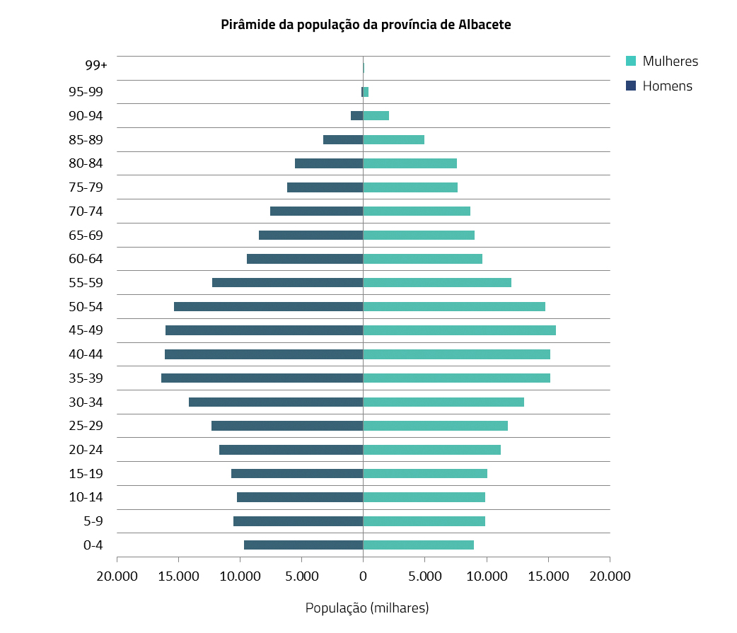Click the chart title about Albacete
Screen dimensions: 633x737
click(366, 24)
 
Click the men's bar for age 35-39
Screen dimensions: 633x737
click(262, 378)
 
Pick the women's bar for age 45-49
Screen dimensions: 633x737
click(459, 330)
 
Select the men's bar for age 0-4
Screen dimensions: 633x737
click(303, 545)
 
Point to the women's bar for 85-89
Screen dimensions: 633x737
click(393, 139)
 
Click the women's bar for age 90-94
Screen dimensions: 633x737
click(376, 115)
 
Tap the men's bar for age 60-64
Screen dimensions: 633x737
click(305, 259)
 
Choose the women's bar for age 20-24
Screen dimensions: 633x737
click(431, 450)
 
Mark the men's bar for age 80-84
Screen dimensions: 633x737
click(329, 163)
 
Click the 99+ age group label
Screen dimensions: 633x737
click(95, 65)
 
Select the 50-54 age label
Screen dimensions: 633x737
click(86, 307)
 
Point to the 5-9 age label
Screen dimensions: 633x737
click(93, 522)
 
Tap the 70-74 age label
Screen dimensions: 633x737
click(86, 211)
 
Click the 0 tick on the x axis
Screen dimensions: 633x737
click(363, 576)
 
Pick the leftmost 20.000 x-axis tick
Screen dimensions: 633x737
click(117, 576)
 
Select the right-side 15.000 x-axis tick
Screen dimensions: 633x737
click(548, 576)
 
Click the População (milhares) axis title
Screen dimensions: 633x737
click(367, 608)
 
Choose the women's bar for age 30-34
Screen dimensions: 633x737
click(443, 402)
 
